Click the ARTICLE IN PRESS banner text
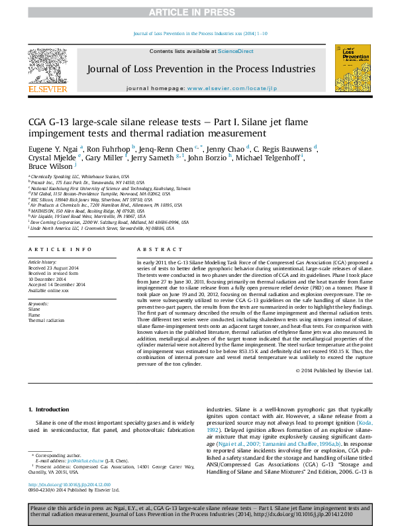pos(197,12)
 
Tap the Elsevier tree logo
pos(46,66)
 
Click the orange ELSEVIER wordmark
pos(46,89)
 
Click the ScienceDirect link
pos(236,51)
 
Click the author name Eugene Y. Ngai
pos(53,148)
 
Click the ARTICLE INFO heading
pos(60,250)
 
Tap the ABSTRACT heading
pos(154,250)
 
